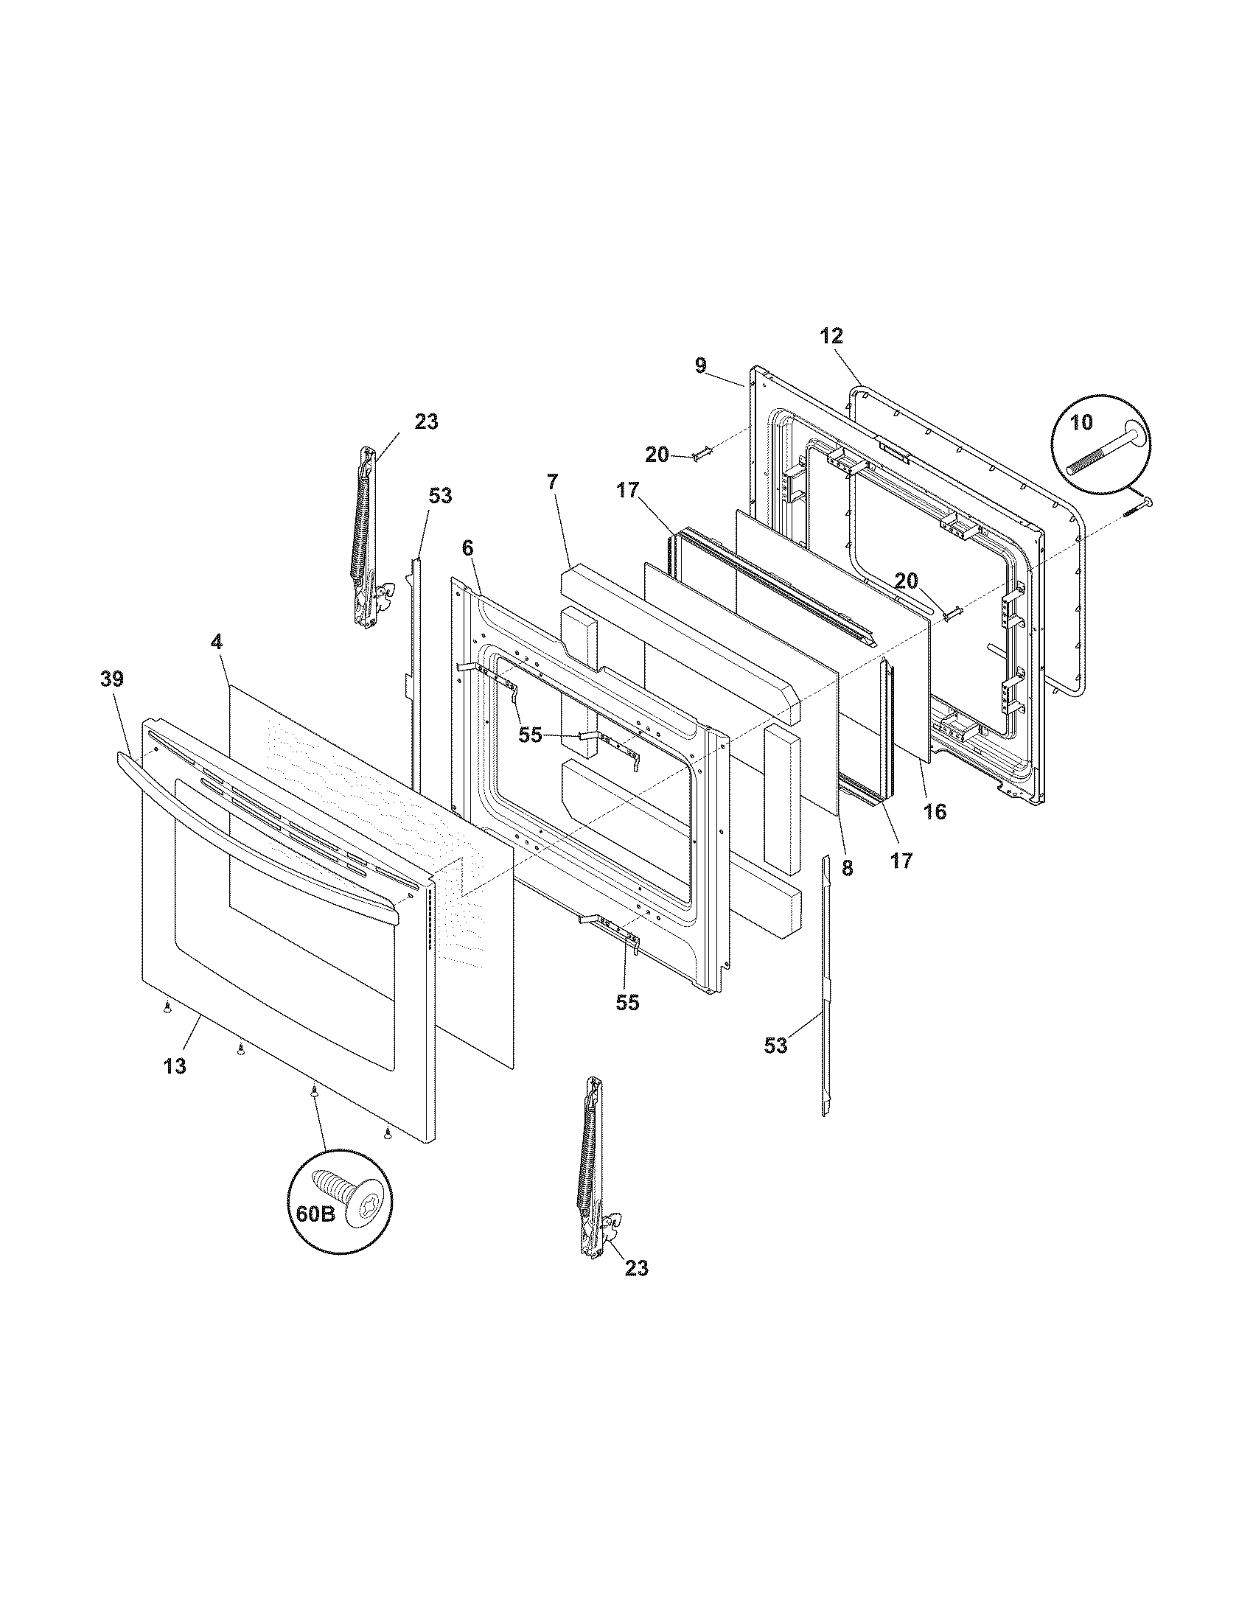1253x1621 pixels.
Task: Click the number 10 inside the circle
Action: pos(1081,422)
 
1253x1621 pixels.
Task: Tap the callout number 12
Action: pos(832,335)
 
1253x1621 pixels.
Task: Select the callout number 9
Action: pos(701,365)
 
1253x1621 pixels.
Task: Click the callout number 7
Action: pos(551,482)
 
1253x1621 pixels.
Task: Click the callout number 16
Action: pos(935,811)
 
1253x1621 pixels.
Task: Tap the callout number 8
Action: pos(847,868)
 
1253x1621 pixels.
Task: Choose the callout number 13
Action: pos(175,1066)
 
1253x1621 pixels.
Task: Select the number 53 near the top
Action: pos(440,496)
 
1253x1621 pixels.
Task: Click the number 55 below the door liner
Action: pos(627,1002)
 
